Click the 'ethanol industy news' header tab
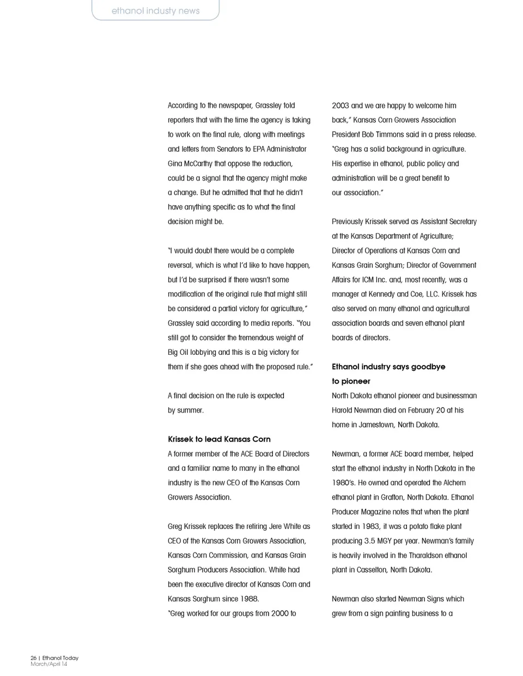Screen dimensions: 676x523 click(x=155, y=11)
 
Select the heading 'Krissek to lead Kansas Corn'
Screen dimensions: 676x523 click(x=219, y=439)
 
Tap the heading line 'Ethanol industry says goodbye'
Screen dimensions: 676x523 click(x=388, y=367)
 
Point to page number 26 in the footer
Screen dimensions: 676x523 click(x=33, y=658)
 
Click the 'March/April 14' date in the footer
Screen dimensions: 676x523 click(x=49, y=664)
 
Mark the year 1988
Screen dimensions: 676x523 click(x=247, y=599)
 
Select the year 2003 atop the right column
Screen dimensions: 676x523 click(x=340, y=106)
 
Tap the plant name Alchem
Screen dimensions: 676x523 click(x=454, y=483)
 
